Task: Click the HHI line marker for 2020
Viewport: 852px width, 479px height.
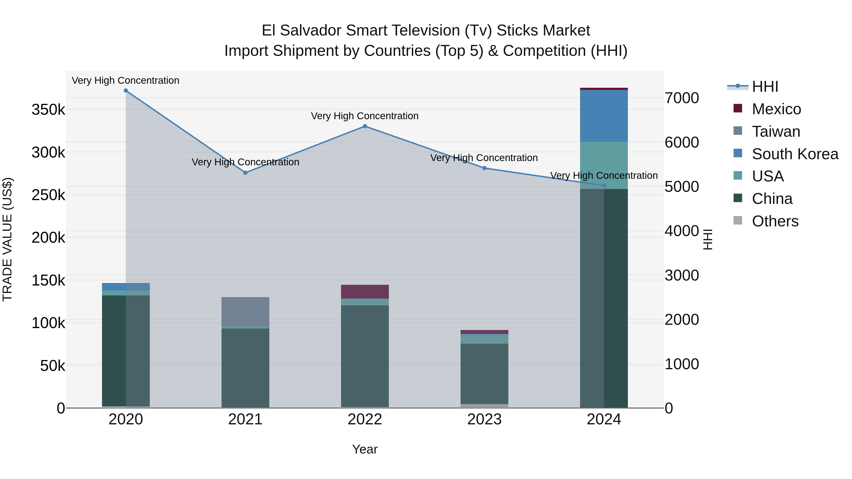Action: coord(126,91)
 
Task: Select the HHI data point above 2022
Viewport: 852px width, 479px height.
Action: coord(365,126)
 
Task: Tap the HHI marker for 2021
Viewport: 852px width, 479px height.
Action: coord(245,173)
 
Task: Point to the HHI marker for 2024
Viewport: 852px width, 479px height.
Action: coord(604,186)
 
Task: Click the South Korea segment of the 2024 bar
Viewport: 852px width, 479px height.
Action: coord(604,116)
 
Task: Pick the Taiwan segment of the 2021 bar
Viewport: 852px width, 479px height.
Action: coord(245,312)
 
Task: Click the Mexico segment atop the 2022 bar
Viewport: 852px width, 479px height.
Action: coord(365,292)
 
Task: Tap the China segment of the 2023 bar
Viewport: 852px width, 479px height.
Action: coord(484,374)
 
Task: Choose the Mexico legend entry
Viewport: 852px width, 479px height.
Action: coord(776,109)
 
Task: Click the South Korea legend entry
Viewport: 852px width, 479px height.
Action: coord(795,154)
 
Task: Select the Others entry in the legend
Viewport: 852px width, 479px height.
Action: coord(775,221)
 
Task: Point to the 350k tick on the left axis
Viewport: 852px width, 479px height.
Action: coord(48,110)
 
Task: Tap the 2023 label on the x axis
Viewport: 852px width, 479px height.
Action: coord(484,419)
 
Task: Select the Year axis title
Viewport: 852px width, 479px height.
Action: coord(365,449)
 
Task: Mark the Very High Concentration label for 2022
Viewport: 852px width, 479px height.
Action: coord(365,116)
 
